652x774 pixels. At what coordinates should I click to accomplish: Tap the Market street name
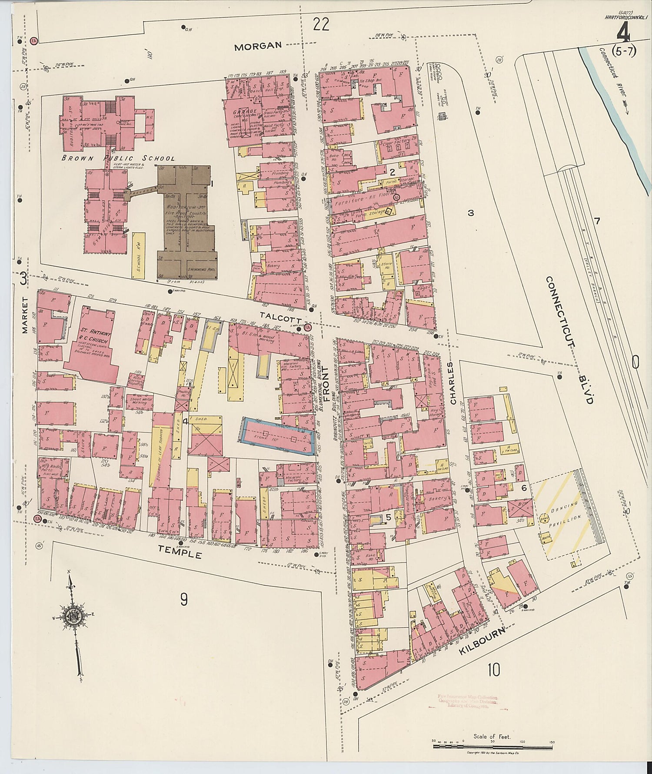(x=24, y=315)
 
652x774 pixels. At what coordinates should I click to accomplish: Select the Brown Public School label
(x=118, y=158)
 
